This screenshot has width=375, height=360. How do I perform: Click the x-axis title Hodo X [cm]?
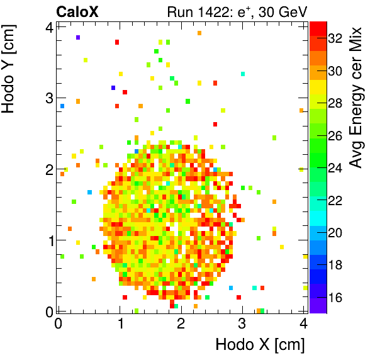260,344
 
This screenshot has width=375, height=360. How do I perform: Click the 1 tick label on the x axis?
120,324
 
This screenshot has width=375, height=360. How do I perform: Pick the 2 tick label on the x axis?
181,324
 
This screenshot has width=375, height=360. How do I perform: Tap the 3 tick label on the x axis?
242,324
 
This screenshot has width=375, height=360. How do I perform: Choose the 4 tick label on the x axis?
303,324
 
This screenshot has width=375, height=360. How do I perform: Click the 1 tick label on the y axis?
48,240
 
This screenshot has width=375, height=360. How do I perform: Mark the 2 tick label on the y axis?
48,169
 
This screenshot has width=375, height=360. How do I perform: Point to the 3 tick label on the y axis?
48,98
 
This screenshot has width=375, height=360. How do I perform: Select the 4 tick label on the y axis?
48,27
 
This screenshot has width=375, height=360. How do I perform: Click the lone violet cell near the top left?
78,38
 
